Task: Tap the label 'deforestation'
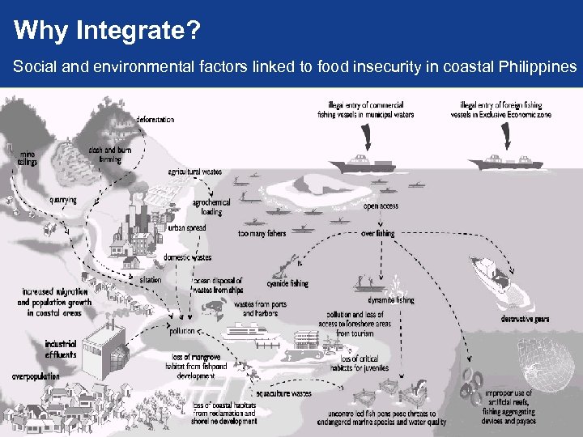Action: (x=155, y=120)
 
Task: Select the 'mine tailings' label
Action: (x=27, y=157)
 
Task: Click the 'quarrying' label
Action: (x=62, y=200)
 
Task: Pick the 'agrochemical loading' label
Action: (x=211, y=206)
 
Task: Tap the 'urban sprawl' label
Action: (x=187, y=228)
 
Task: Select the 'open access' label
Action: (x=381, y=206)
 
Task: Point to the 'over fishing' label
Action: (x=377, y=233)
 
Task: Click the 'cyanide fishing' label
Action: (x=287, y=284)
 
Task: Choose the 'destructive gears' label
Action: (x=526, y=319)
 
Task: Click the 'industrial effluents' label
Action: (x=61, y=348)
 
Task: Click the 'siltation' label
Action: (x=150, y=280)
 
